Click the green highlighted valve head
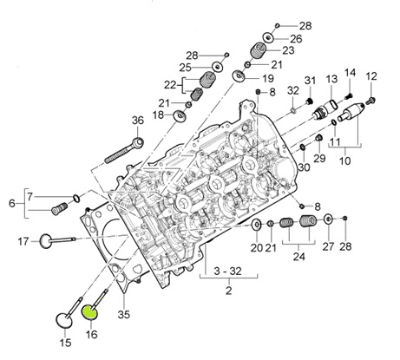click(x=90, y=312)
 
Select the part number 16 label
click(x=91, y=334)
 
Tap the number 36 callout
click(x=138, y=121)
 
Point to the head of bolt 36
click(x=138, y=142)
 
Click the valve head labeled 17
click(x=45, y=241)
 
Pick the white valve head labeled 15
click(x=63, y=320)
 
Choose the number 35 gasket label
click(x=124, y=314)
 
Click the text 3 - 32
click(x=227, y=272)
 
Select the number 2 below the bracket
click(x=228, y=291)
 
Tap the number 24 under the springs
click(x=298, y=256)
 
